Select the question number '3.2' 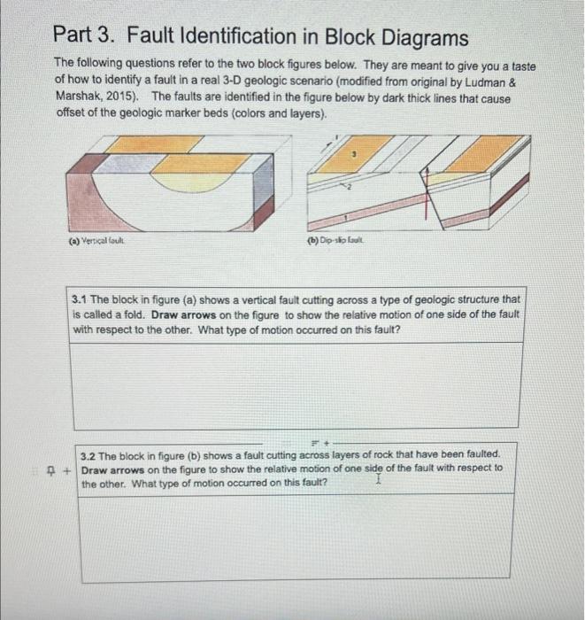pyautogui.click(x=91, y=453)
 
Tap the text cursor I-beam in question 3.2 pyautogui.click(x=378, y=479)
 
